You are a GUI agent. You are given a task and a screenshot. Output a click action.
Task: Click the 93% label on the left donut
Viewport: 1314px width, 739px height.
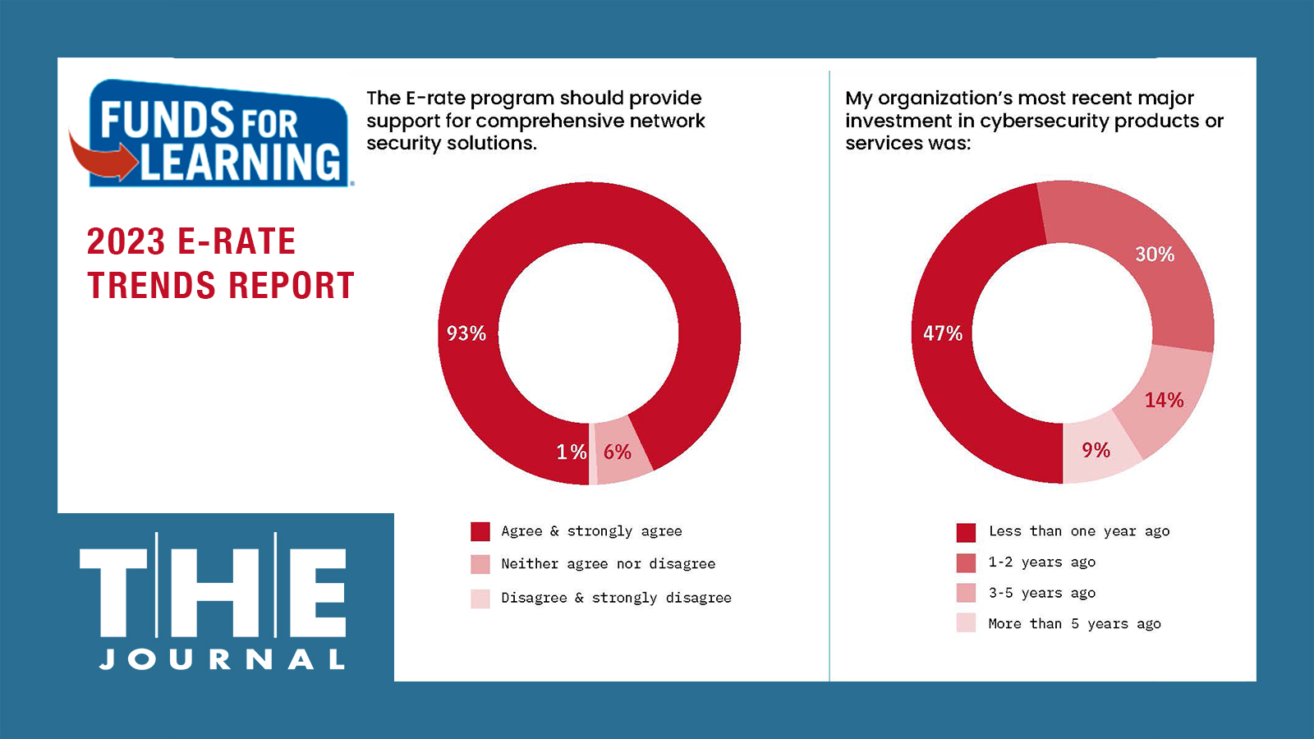coord(466,333)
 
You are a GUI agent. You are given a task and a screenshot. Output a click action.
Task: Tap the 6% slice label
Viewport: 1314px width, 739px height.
coord(617,452)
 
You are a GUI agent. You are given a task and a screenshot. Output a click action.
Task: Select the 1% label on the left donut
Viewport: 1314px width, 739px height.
coord(571,452)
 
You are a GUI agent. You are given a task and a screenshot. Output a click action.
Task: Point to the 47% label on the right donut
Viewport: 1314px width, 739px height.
coord(942,333)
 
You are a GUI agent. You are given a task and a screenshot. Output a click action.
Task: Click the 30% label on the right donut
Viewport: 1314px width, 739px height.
coord(1154,255)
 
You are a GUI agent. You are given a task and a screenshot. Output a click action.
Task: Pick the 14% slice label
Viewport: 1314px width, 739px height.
coord(1164,401)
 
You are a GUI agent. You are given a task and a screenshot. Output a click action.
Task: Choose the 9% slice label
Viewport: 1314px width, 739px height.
coord(1096,451)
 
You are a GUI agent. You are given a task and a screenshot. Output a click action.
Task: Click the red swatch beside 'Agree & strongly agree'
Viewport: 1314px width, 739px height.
coord(480,531)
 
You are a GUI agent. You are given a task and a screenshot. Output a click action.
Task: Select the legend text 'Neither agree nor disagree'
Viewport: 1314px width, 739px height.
coord(608,564)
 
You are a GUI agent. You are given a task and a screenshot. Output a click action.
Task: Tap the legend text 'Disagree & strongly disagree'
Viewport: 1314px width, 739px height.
coord(616,598)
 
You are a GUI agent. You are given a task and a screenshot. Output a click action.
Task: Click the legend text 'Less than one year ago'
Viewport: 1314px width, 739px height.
coord(1078,531)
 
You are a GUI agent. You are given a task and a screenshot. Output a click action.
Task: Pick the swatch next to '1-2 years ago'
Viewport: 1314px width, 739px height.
coord(966,562)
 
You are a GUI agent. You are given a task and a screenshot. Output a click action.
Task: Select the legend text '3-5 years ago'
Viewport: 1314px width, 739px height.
coord(1041,593)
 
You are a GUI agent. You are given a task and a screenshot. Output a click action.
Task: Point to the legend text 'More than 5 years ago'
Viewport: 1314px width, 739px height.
coord(1074,624)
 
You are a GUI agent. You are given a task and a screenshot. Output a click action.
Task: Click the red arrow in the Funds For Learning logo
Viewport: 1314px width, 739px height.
coord(103,158)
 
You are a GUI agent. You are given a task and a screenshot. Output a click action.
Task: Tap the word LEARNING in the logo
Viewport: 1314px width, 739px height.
coord(240,162)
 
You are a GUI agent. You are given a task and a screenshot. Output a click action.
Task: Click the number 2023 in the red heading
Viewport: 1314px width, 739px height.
coord(126,242)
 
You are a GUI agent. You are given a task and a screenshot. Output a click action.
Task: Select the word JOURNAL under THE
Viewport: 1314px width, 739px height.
coord(223,659)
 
